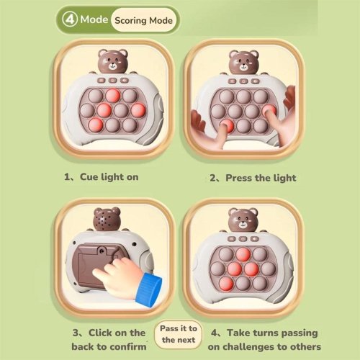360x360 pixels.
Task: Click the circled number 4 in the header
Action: click(x=70, y=19)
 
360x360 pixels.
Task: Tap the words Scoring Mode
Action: click(x=143, y=20)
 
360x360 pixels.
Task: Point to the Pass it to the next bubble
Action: click(x=179, y=334)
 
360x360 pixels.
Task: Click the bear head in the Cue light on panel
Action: click(x=113, y=61)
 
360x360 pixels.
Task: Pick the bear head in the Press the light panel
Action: click(x=243, y=62)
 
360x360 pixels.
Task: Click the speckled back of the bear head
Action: click(x=107, y=219)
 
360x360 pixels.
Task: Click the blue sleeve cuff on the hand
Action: click(x=149, y=289)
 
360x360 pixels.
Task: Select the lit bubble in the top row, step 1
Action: click(x=113, y=96)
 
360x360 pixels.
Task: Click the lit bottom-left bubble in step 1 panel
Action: click(x=96, y=125)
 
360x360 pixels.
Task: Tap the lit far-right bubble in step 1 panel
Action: click(x=138, y=110)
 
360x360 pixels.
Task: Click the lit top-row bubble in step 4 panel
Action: click(x=243, y=255)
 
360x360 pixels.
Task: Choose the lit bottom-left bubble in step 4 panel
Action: click(x=226, y=284)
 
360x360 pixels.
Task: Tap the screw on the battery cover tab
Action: click(x=102, y=251)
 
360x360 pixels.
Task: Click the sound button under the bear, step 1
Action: click(x=125, y=80)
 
